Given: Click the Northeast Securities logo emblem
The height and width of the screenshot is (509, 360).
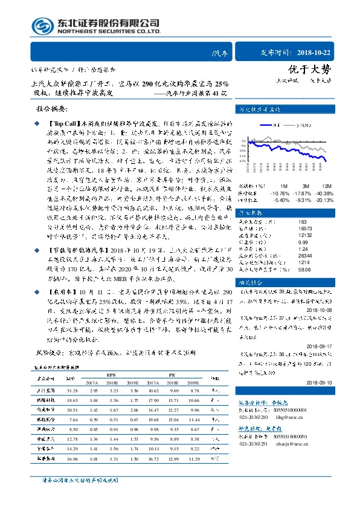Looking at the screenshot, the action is pos(41,26).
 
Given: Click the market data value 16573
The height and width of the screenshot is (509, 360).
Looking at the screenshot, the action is pos(289,229).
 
